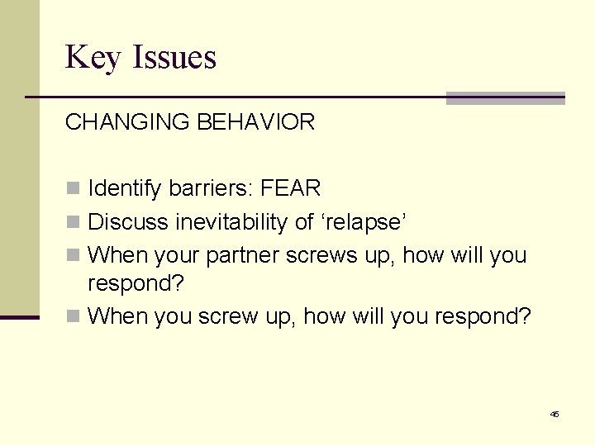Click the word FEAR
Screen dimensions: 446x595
pos(290,189)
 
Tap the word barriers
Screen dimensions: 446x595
pos(211,189)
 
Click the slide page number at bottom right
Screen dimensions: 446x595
pos(554,414)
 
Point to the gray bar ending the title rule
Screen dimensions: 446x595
pos(505,98)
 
